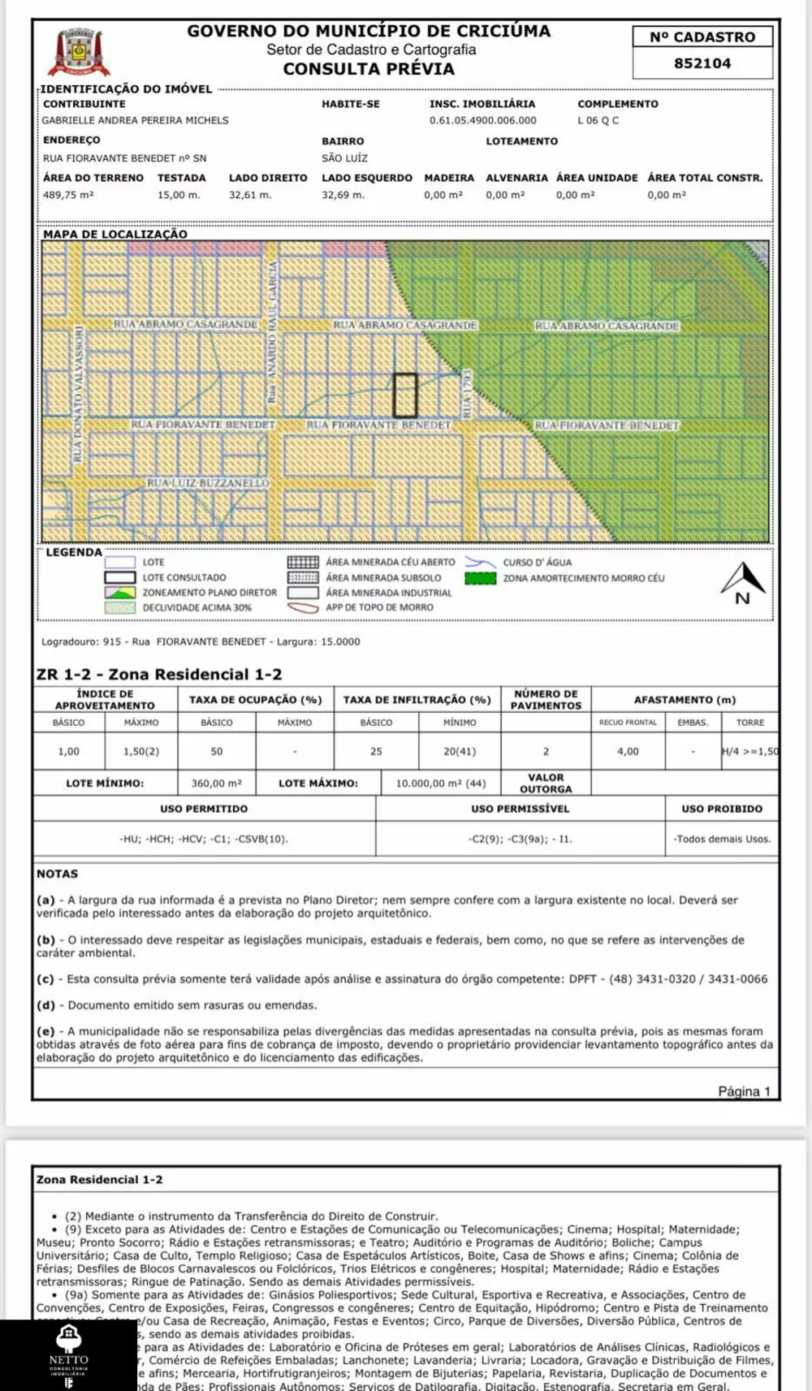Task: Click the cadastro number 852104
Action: tap(702, 63)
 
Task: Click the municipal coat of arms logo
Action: tap(79, 53)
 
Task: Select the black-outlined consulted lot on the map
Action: tap(405, 395)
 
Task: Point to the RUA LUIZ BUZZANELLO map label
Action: tap(207, 483)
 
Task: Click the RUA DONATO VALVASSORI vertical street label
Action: tap(78, 395)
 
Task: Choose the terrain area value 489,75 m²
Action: tap(68, 195)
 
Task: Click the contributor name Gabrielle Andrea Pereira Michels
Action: tap(136, 120)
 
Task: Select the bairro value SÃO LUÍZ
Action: tap(344, 158)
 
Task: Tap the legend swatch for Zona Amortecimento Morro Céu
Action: tap(480, 578)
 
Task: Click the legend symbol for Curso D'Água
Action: tap(480, 562)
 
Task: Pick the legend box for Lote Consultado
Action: tap(119, 577)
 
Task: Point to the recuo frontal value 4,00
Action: tap(628, 752)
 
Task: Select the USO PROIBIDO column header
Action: tap(722, 809)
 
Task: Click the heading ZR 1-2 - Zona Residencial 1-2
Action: tap(159, 674)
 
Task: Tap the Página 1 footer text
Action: tap(744, 1091)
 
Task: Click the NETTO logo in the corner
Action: tap(68, 1355)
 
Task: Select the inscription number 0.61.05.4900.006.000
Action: tap(482, 120)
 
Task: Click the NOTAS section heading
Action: tap(57, 874)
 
